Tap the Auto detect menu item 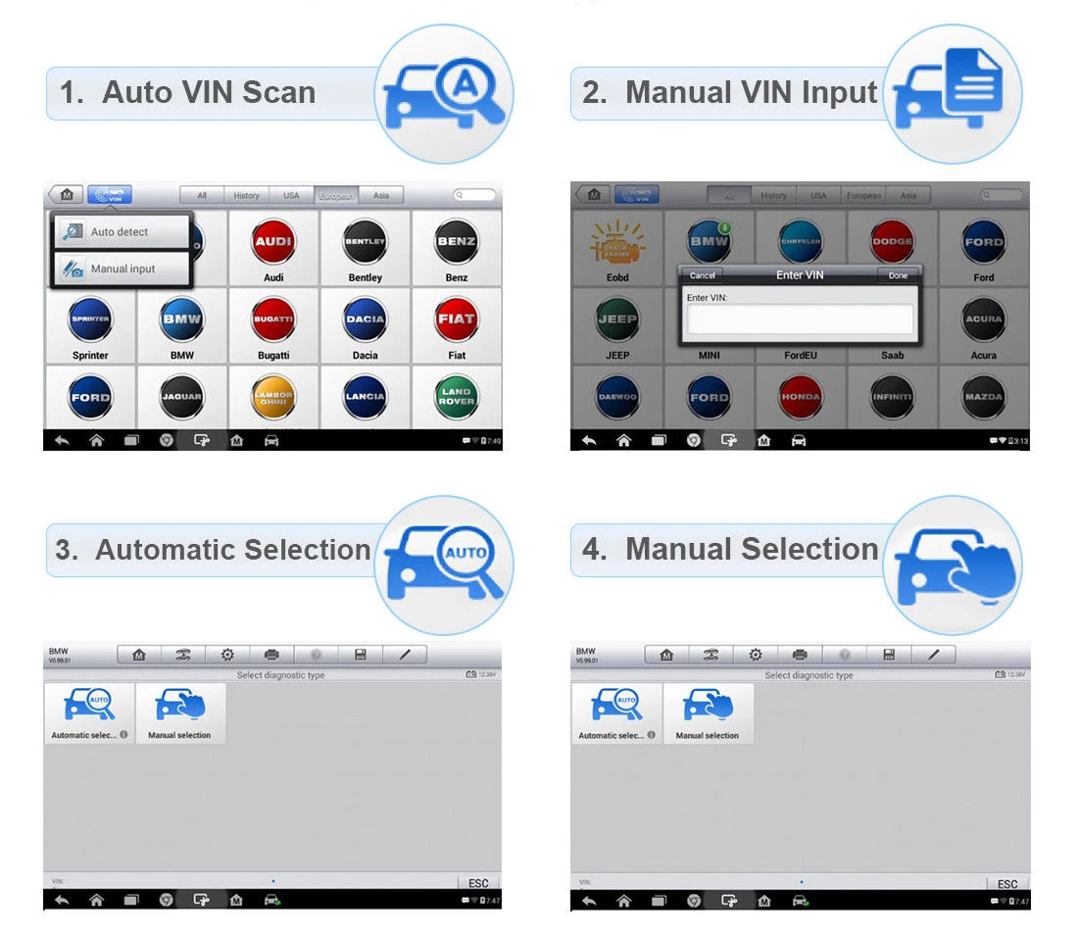121,232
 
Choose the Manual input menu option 122,269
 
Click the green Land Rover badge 457,397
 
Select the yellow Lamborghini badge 273,397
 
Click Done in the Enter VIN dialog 898,275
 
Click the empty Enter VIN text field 800,319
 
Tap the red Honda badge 801,397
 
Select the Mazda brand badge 984,397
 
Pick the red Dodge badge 892,242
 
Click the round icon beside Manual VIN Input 952,94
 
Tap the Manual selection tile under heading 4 708,713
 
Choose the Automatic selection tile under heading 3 89,713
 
